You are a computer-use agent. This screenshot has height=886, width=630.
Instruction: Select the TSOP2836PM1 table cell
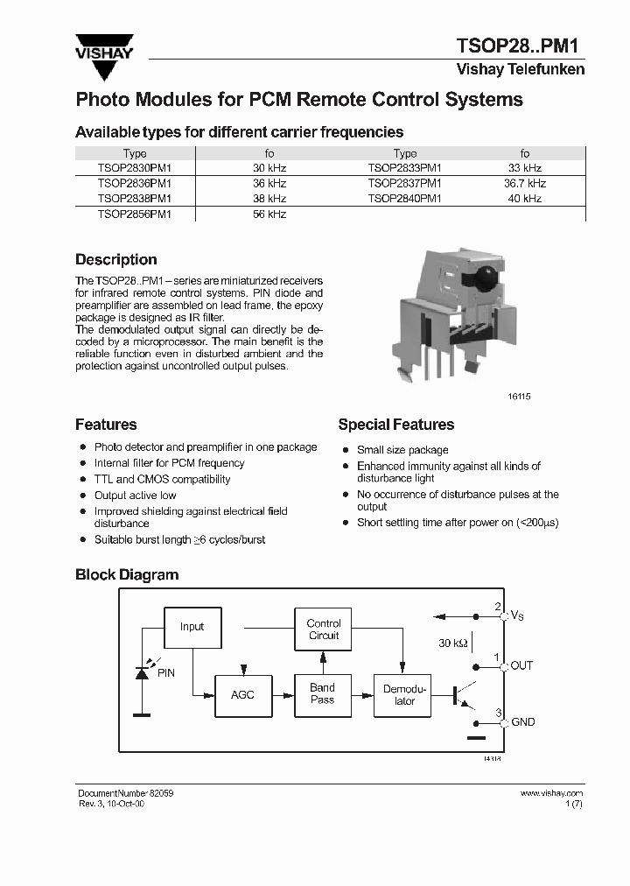tap(135, 183)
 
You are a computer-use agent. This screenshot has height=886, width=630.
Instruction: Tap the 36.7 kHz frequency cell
tap(525, 183)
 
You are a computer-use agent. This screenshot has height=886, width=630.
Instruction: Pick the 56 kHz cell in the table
tap(269, 214)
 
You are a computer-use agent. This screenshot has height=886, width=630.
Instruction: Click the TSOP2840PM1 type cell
tap(404, 198)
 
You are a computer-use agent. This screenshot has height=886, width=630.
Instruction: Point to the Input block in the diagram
tap(192, 627)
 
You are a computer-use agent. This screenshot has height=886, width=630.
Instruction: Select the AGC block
tap(242, 694)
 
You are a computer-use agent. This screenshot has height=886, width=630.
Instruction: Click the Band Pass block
tap(322, 694)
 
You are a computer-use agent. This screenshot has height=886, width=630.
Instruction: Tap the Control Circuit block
tap(324, 629)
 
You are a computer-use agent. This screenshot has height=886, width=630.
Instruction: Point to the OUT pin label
tap(521, 665)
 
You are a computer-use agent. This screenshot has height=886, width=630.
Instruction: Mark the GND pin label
tap(522, 722)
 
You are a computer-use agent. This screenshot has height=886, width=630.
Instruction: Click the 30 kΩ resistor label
tap(453, 643)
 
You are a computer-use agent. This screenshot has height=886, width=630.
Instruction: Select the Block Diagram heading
tap(127, 575)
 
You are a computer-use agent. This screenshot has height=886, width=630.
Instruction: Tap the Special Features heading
tap(396, 425)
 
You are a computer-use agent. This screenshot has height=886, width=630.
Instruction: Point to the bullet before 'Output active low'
tap(82, 496)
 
